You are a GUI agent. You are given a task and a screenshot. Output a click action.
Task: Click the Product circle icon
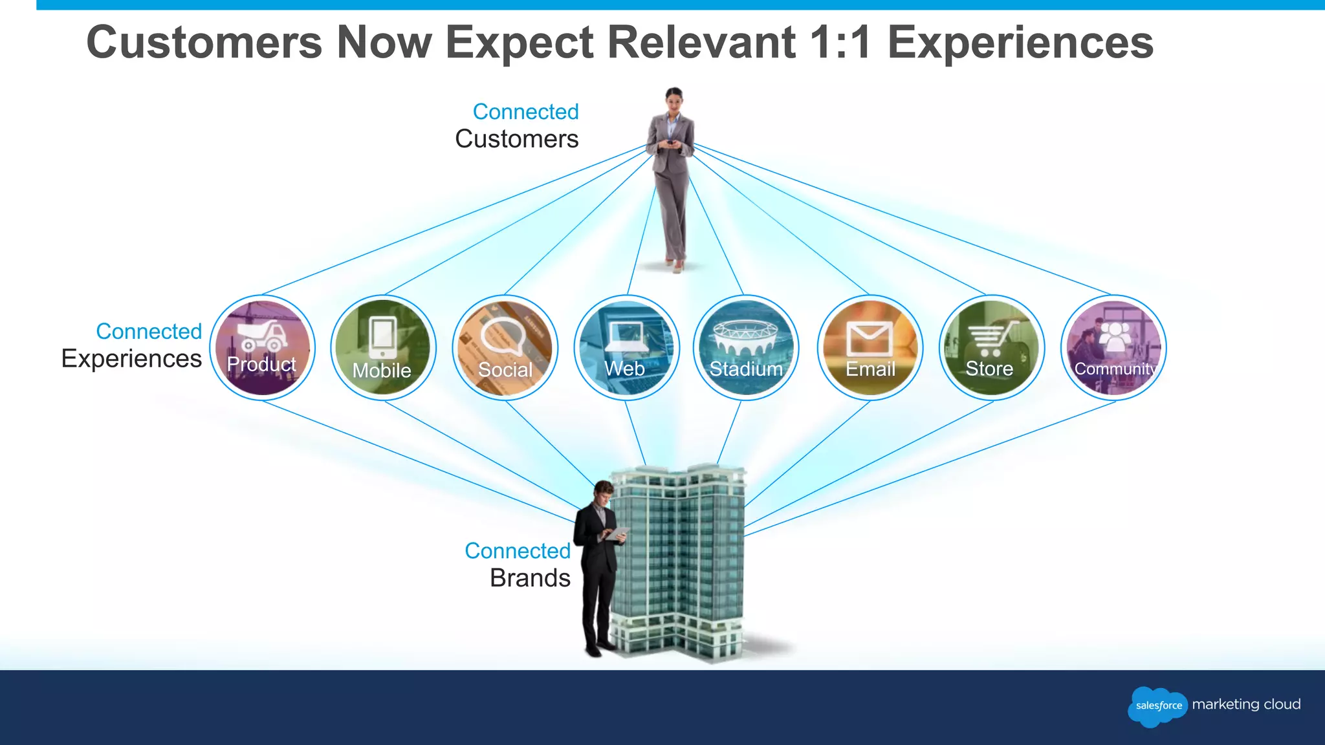click(262, 348)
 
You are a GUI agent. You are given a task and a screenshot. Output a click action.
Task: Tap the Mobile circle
click(383, 348)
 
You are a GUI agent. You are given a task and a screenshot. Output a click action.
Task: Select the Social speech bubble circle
click(505, 348)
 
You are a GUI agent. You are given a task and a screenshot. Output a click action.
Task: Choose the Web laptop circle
click(626, 348)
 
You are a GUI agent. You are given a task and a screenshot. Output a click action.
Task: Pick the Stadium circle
click(746, 348)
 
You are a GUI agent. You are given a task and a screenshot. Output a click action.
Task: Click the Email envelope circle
click(870, 348)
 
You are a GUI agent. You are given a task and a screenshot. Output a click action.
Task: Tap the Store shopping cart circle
click(991, 348)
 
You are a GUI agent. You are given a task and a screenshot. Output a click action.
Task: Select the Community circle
click(1113, 348)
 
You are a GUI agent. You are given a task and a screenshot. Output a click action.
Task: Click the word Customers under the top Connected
click(516, 139)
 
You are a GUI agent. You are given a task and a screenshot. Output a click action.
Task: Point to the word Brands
click(530, 578)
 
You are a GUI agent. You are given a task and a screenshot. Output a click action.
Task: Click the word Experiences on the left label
click(131, 358)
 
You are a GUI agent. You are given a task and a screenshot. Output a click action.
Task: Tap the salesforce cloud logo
click(1158, 706)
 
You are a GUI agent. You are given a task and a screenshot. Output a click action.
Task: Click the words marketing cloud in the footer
click(1246, 704)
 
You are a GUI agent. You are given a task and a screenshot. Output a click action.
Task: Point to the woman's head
click(674, 99)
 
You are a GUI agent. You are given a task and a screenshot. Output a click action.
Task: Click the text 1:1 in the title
click(840, 43)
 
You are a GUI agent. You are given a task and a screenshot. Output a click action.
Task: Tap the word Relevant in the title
click(701, 43)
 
